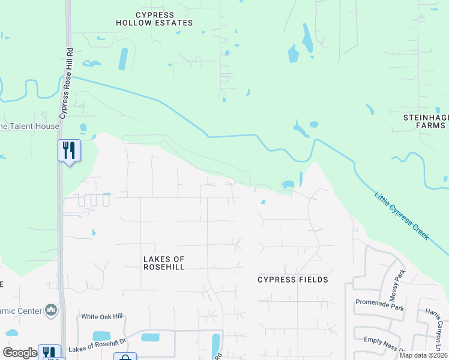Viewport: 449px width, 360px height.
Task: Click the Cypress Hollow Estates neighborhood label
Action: point(155,19)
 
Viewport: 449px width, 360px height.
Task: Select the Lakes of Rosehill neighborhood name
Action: point(164,263)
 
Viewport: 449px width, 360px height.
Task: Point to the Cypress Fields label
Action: point(293,280)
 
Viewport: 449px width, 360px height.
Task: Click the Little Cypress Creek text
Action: point(402,216)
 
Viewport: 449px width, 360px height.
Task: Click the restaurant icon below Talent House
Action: point(69,149)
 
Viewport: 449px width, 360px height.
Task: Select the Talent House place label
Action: point(30,127)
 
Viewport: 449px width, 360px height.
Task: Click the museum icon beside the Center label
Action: point(52,310)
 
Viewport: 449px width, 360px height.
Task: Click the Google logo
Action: point(20,353)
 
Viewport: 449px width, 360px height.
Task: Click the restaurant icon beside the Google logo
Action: point(49,353)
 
